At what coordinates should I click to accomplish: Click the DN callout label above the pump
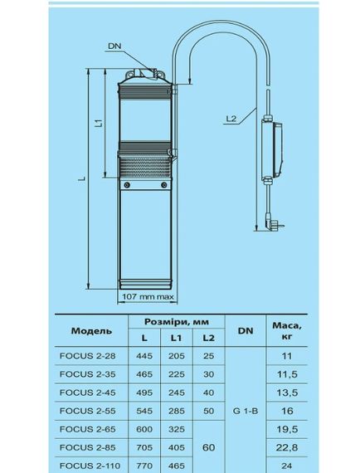[x=114, y=46]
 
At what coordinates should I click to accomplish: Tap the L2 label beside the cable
[x=231, y=119]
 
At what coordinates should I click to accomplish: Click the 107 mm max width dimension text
[x=148, y=297]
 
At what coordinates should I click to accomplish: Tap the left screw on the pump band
[x=127, y=184]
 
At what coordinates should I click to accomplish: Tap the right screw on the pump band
[x=164, y=184]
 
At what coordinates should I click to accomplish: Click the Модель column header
[x=91, y=331]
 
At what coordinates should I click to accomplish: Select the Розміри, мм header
[x=177, y=322]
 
